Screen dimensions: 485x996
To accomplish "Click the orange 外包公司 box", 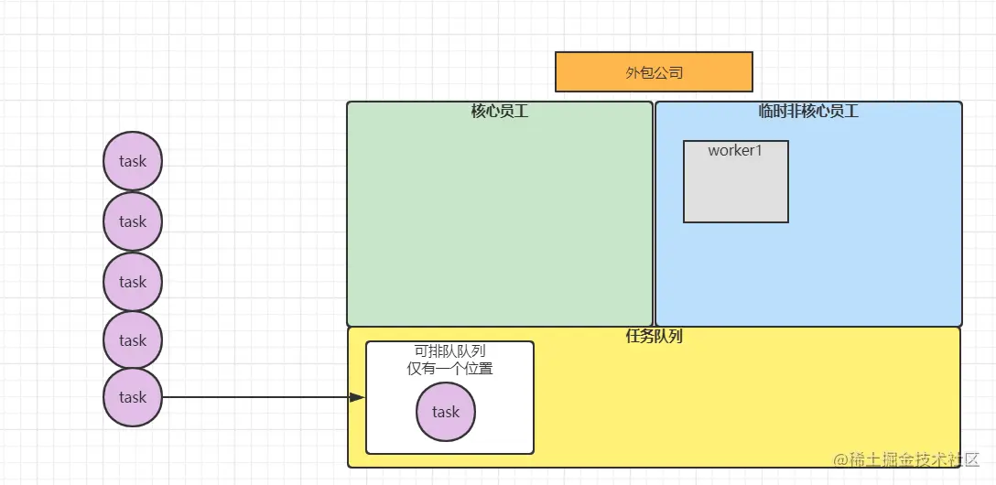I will tap(654, 72).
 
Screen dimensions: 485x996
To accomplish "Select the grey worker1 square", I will tap(736, 188).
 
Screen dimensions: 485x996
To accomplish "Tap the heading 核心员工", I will tap(500, 112).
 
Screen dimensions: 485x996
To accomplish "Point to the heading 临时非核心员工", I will tap(808, 112).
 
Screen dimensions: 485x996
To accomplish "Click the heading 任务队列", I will tap(654, 336).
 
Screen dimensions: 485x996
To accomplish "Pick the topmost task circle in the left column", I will tap(133, 161).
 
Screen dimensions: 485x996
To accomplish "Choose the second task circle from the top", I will tap(133, 221).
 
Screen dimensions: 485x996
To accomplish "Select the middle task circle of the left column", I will tap(133, 282).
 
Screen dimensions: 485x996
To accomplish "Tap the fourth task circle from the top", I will tap(133, 340).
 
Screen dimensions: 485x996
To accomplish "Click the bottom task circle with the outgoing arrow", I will tap(133, 398).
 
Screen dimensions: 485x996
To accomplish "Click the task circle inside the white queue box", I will tap(446, 412).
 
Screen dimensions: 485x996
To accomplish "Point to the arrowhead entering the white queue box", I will tap(357, 397).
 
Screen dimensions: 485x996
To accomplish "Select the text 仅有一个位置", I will tap(449, 369).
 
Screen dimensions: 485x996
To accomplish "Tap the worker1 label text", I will tap(735, 151).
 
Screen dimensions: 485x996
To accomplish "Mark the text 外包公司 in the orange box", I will tap(654, 72).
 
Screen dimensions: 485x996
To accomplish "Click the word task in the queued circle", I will tap(446, 412).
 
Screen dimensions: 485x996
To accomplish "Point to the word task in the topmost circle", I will tap(133, 161).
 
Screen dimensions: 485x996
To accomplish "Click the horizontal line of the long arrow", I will tap(256, 397).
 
